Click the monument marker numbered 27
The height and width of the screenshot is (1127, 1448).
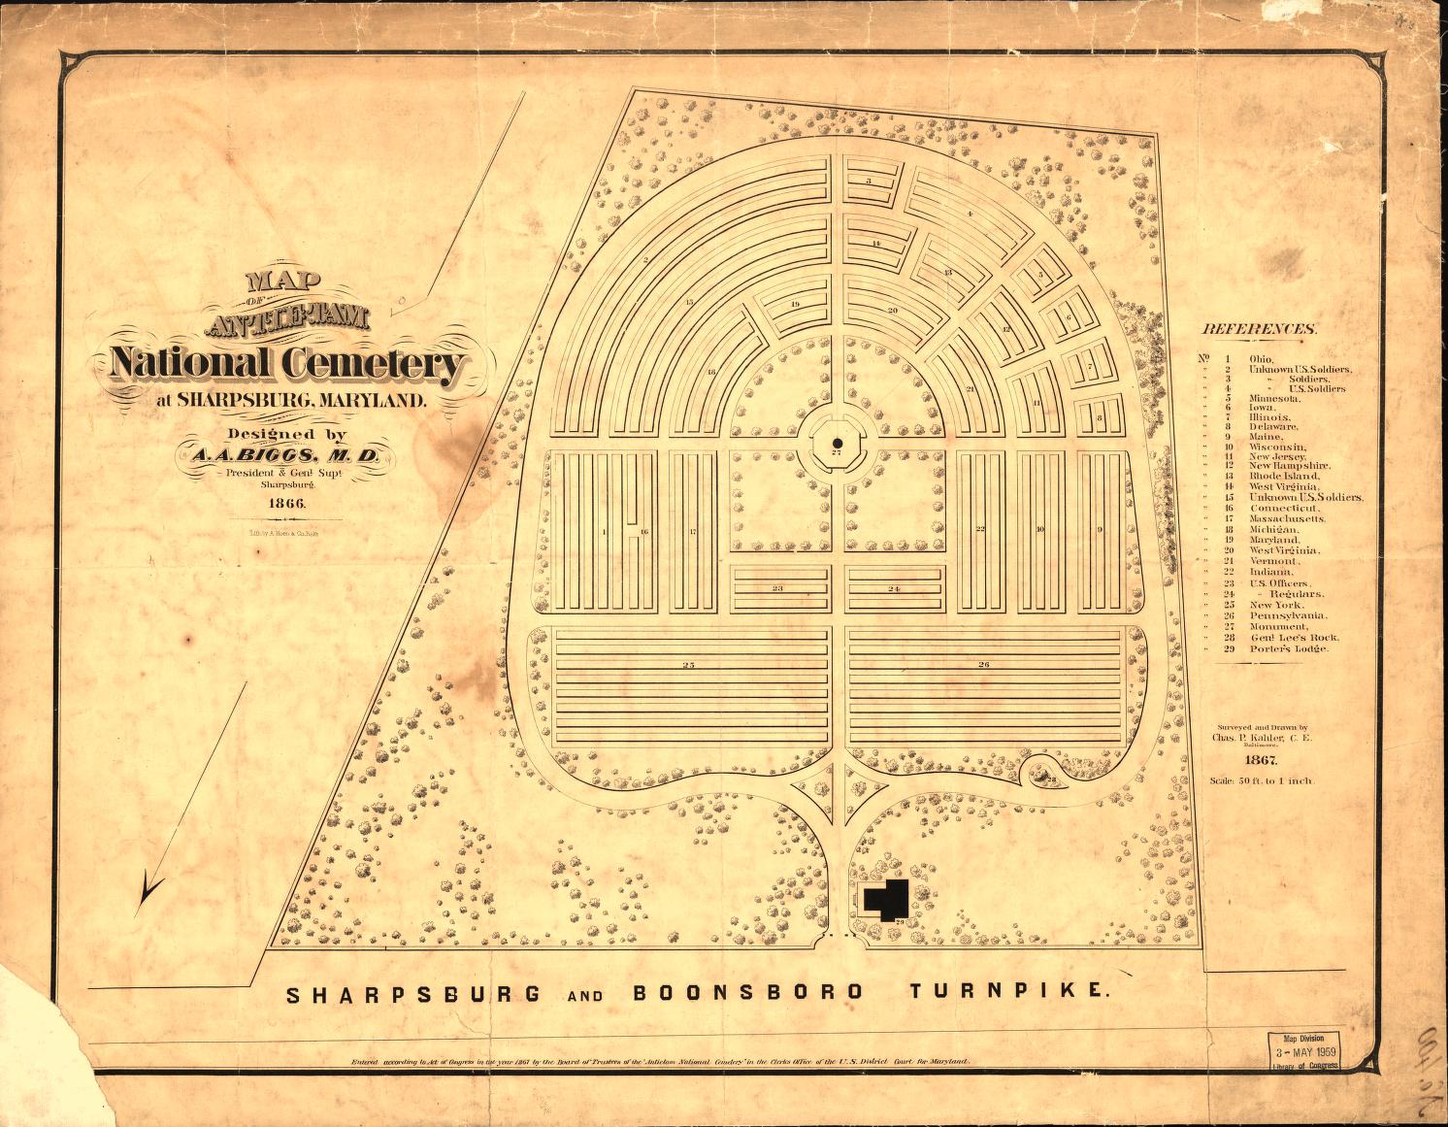click(x=836, y=444)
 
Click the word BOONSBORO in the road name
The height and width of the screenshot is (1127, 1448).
click(x=747, y=992)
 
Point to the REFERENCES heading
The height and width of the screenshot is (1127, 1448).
click(x=1260, y=329)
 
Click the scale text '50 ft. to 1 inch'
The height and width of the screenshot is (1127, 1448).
click(x=1261, y=780)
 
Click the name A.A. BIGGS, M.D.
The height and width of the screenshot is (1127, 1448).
click(x=281, y=456)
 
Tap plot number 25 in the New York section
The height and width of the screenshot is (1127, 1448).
click(x=688, y=665)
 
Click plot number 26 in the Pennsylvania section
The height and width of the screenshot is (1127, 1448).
click(x=983, y=665)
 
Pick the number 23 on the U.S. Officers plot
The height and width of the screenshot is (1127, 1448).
click(x=778, y=588)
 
